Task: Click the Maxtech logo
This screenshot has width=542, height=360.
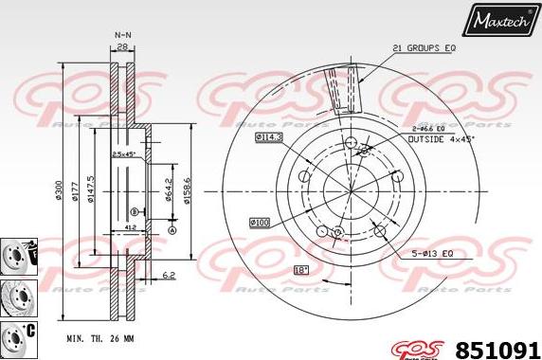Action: [503, 17]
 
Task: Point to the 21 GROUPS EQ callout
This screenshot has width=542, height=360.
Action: [425, 47]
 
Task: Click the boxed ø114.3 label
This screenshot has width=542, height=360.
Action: [269, 137]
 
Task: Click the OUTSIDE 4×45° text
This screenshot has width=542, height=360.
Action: [442, 139]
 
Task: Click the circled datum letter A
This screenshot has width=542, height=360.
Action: [172, 229]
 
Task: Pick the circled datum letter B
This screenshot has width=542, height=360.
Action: [135, 210]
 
